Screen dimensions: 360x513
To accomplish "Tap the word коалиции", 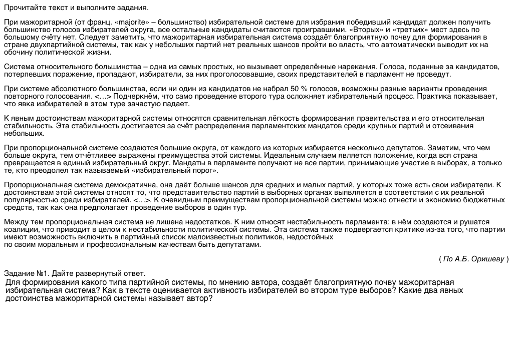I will click(x=20, y=229).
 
